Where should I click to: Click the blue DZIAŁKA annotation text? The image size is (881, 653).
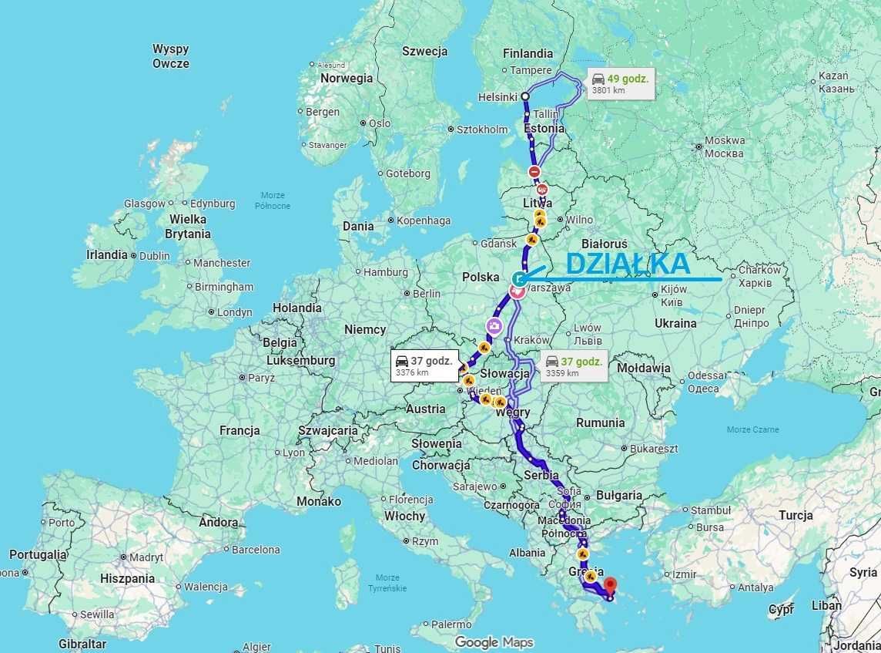click(628, 264)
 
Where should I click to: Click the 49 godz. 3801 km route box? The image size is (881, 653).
click(621, 83)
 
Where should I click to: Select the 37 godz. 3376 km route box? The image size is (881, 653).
click(424, 366)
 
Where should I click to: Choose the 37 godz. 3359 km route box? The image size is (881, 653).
click(574, 366)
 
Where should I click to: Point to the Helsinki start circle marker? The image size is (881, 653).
click(525, 96)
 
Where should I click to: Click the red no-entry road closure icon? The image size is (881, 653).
click(534, 171)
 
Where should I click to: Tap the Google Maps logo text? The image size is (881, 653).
click(494, 641)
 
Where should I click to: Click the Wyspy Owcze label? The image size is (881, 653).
click(170, 56)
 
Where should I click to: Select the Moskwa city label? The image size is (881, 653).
click(724, 146)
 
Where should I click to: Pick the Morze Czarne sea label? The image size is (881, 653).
click(752, 429)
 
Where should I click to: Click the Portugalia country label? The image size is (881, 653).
click(38, 554)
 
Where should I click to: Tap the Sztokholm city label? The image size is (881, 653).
click(482, 130)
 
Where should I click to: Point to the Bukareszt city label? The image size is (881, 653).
click(654, 448)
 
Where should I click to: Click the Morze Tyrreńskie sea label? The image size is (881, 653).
click(387, 583)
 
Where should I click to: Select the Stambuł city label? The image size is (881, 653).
click(711, 510)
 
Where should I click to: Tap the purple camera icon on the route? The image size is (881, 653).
click(494, 326)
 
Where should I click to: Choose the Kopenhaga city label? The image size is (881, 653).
click(424, 220)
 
